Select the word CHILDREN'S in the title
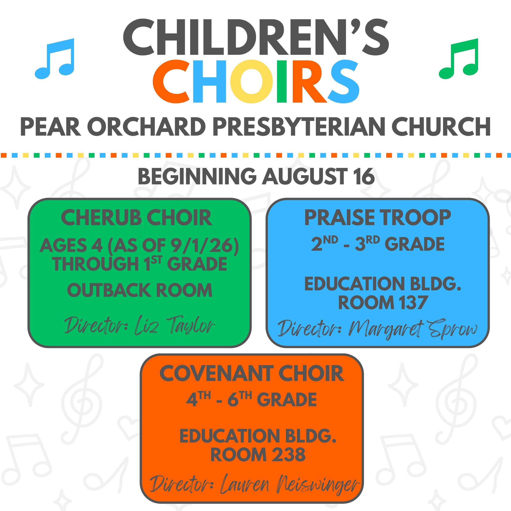click(256, 37)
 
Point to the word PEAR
click(50, 127)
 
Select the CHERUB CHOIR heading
click(137, 217)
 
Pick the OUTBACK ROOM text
click(140, 290)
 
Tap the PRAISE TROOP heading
click(378, 217)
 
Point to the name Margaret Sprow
click(413, 330)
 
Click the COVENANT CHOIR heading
click(252, 373)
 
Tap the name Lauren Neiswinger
click(290, 485)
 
